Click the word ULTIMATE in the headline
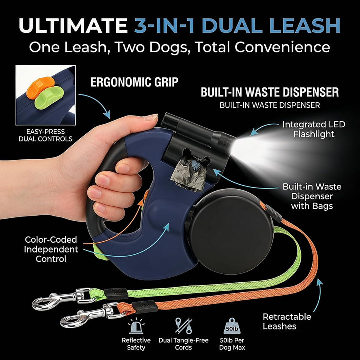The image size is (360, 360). [x=73, y=25]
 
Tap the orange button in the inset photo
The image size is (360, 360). [x=40, y=87]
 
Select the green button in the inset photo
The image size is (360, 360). [x=49, y=98]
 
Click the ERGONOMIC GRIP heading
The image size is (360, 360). [x=134, y=82]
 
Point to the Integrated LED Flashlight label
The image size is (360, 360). [x=314, y=129]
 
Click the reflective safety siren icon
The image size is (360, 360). [x=136, y=326]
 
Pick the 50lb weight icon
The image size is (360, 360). [x=232, y=326]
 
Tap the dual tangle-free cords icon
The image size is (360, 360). [x=183, y=326]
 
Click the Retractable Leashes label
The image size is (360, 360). [x=287, y=321]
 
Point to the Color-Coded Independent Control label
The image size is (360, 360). [x=51, y=249]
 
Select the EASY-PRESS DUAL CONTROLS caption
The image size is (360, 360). [x=45, y=135]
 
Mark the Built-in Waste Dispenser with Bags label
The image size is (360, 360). [x=312, y=196]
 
